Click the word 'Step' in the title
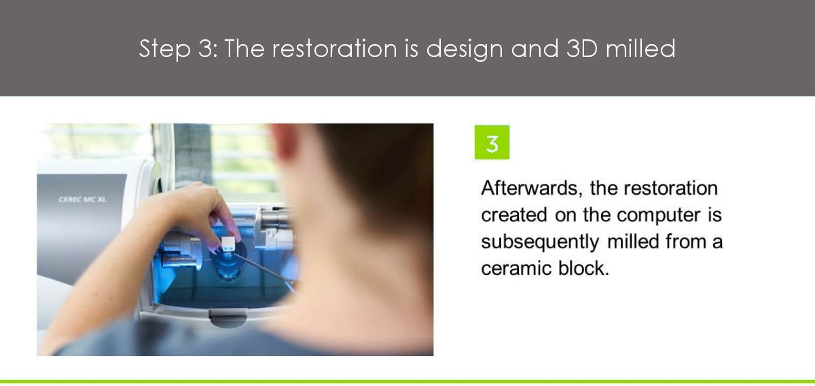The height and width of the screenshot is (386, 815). (165, 49)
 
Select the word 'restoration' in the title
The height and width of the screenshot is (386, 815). (335, 48)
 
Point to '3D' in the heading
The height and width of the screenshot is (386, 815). (582, 48)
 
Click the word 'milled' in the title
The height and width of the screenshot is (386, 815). (640, 47)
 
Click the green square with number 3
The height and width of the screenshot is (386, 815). (492, 142)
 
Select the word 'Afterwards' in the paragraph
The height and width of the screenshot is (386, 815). (532, 189)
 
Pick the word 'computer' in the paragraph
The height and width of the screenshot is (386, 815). (659, 215)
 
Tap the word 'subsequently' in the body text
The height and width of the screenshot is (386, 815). (540, 242)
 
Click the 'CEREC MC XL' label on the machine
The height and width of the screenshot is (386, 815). (83, 199)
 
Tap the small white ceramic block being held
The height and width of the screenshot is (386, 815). (228, 243)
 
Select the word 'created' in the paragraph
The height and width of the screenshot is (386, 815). (514, 215)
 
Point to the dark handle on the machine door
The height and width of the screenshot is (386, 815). (228, 318)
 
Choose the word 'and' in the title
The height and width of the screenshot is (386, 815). (535, 48)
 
